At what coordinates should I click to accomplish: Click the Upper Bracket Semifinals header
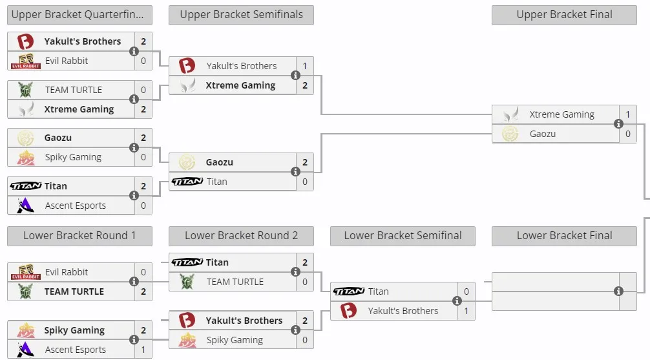241,15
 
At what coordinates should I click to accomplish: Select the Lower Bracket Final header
564,236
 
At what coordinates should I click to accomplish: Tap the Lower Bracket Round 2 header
241,236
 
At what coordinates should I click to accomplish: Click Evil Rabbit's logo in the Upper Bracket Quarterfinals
26,61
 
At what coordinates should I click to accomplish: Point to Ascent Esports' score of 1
143,350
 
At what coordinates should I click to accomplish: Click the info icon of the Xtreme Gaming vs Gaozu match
618,123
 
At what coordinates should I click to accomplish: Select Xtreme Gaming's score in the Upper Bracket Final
628,114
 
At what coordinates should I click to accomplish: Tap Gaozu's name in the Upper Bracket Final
543,134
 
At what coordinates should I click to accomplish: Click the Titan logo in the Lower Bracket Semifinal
349,291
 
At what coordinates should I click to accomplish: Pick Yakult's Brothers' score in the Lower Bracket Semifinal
467,311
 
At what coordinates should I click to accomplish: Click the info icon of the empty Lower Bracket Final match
618,291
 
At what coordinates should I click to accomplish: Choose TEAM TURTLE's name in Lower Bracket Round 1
74,291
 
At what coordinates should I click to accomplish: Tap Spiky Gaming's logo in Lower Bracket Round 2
187,340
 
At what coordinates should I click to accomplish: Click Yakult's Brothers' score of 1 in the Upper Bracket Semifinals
305,66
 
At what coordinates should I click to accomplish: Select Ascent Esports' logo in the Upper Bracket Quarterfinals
25,206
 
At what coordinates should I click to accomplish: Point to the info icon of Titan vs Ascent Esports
134,195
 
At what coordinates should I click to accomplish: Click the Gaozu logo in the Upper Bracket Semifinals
187,162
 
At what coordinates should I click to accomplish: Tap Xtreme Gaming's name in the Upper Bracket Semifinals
240,85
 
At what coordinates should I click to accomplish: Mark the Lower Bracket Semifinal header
403,236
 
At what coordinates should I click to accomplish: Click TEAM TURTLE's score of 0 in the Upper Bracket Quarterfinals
143,90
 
